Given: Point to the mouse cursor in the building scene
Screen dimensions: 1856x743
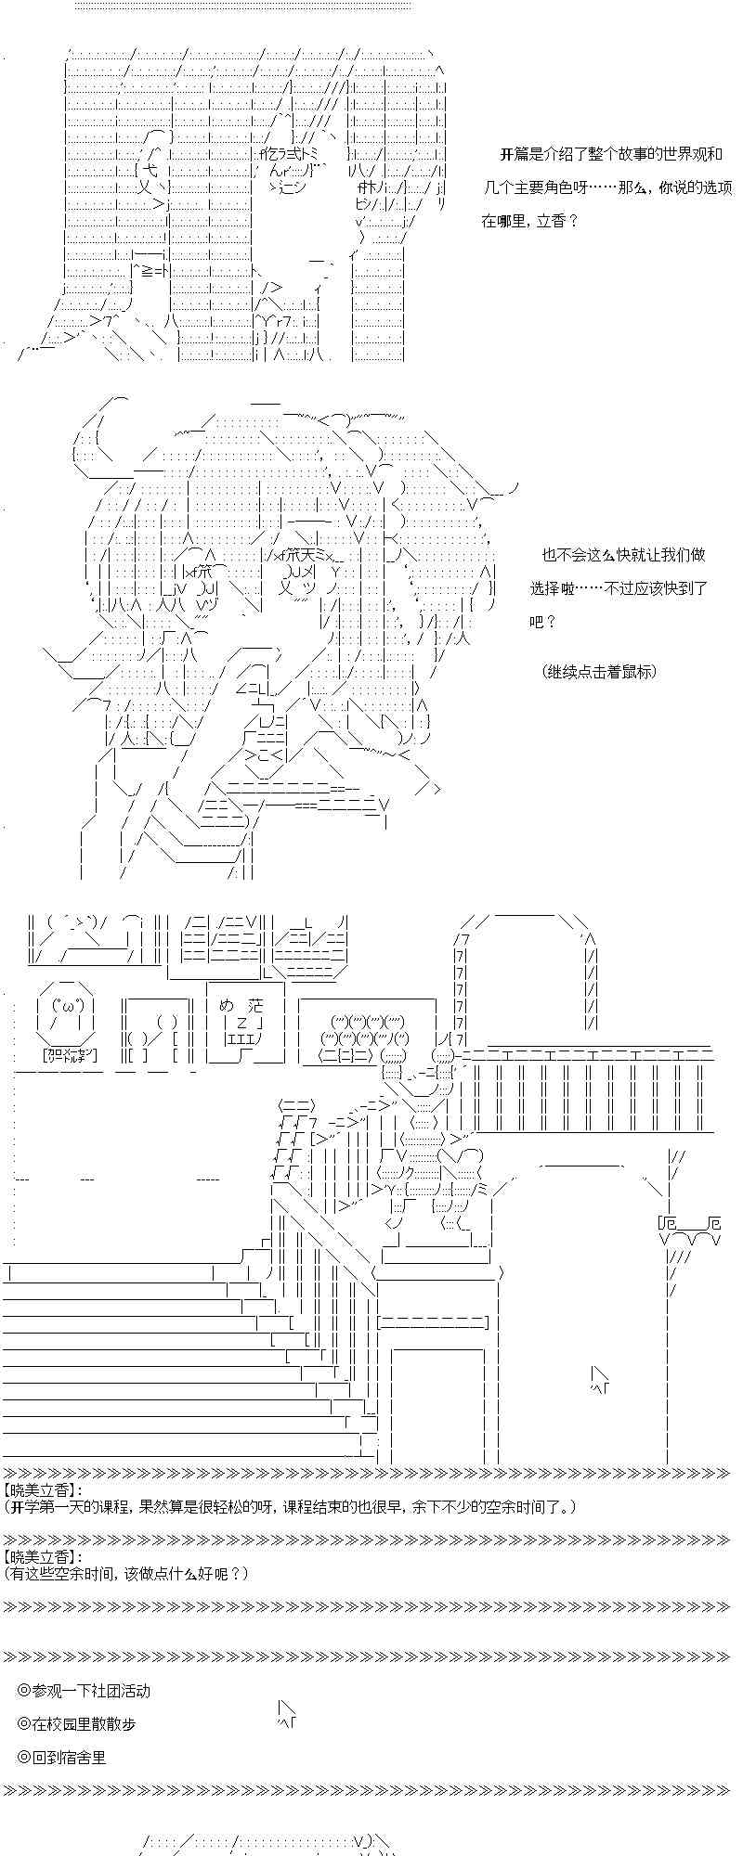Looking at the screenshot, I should click(600, 1378).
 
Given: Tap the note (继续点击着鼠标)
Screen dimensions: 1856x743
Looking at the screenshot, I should click(599, 671).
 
